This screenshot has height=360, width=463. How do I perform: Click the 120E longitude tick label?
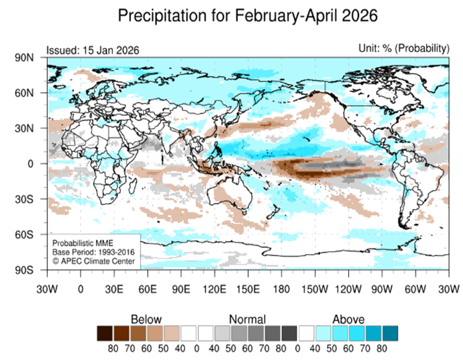point(215,288)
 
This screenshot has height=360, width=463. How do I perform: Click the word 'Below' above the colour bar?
point(146,319)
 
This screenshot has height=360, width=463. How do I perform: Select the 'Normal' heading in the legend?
point(247,319)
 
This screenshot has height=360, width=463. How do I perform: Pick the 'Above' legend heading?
point(349,319)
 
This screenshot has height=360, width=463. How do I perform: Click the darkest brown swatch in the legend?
point(105,333)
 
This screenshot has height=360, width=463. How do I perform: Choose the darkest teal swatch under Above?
point(390,333)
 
